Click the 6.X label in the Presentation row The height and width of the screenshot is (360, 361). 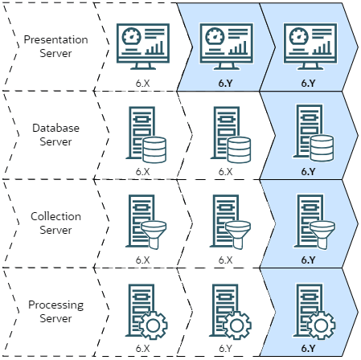click(143, 81)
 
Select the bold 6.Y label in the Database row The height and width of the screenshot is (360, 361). click(309, 171)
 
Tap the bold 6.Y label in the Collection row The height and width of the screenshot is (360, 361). click(309, 260)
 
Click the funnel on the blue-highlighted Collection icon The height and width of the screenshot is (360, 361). click(321, 231)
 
